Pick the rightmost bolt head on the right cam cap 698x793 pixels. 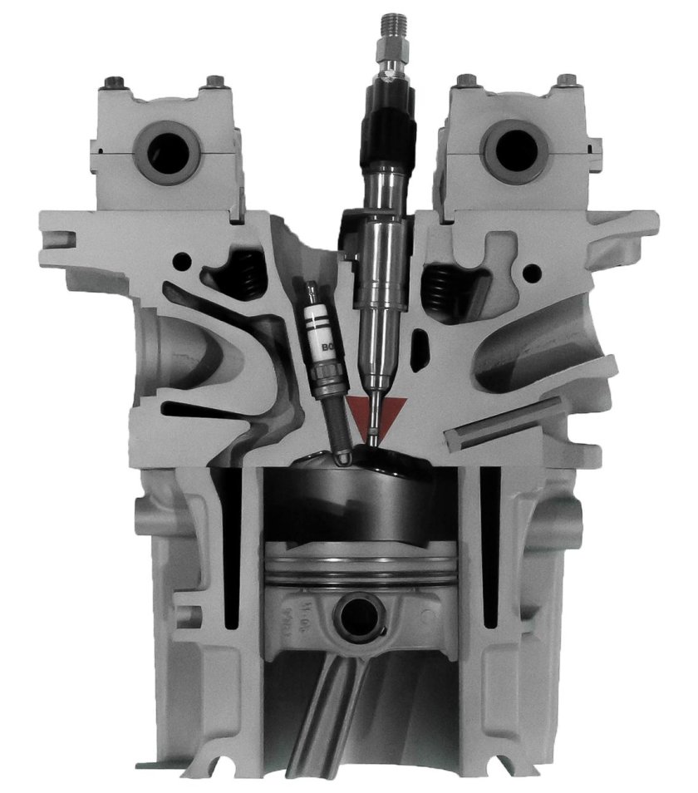point(568,81)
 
